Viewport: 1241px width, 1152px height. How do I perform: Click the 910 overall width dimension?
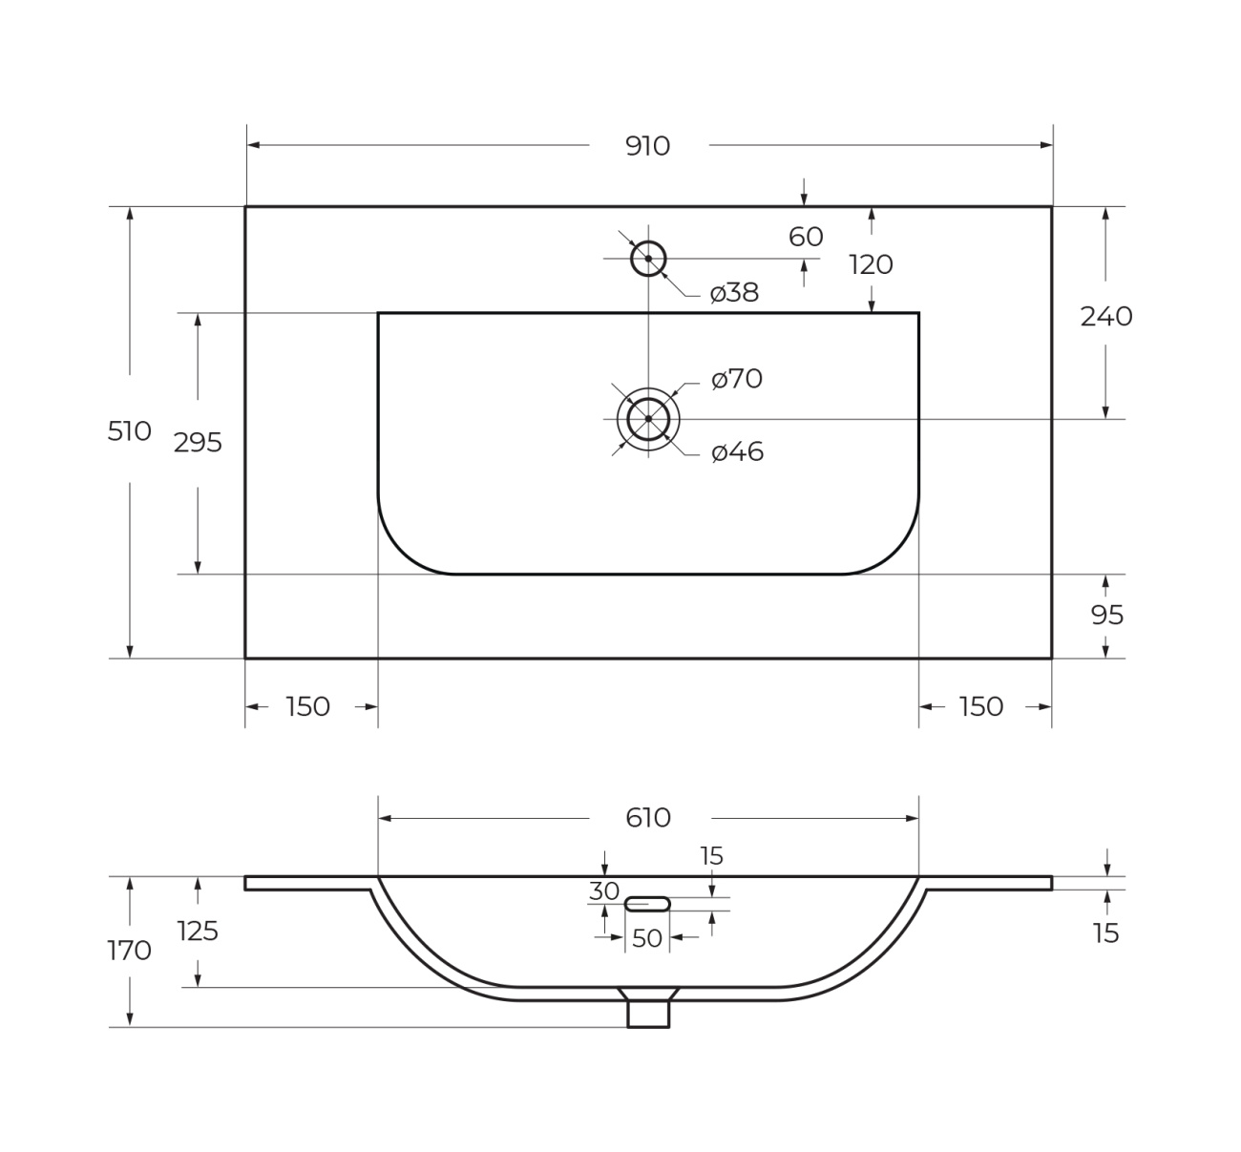click(x=647, y=146)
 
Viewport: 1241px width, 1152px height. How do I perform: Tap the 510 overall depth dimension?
click(x=129, y=431)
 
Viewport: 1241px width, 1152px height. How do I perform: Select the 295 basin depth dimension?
click(x=198, y=443)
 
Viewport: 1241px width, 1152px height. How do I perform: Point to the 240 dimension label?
click(x=1106, y=317)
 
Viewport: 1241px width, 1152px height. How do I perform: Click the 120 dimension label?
click(x=871, y=265)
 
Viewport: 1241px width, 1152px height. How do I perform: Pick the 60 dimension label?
click(x=806, y=237)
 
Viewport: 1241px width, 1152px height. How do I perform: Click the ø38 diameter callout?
click(x=734, y=292)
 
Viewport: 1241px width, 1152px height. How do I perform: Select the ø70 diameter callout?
click(x=737, y=379)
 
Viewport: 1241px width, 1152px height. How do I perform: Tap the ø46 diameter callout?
click(x=737, y=452)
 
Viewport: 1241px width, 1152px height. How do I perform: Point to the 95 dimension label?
click(x=1106, y=616)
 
